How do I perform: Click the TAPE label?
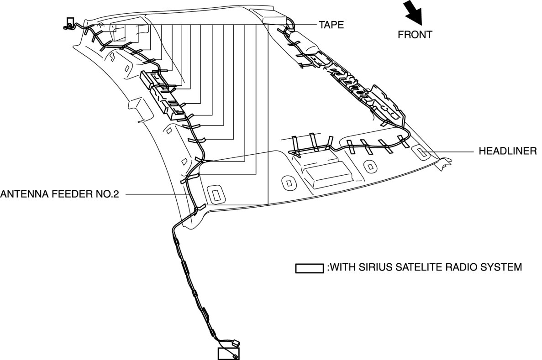coord(332,25)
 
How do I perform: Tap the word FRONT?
coord(415,35)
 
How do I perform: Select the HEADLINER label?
coord(507,151)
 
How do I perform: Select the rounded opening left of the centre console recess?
coord(289,183)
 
